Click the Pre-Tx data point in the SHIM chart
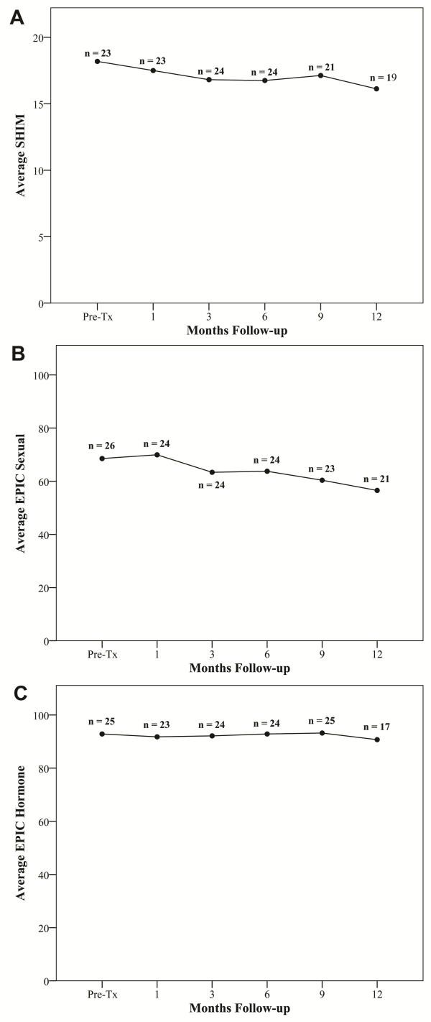(x=98, y=61)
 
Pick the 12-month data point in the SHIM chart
(x=376, y=88)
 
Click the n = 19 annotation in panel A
(x=383, y=78)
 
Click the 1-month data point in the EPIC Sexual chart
(x=157, y=454)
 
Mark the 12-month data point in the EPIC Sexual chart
(x=377, y=490)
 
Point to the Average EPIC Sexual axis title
(x=20, y=493)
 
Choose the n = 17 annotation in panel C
(x=377, y=727)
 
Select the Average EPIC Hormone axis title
(x=20, y=833)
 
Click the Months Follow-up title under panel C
(x=239, y=1008)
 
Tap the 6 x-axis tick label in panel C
(x=267, y=994)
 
